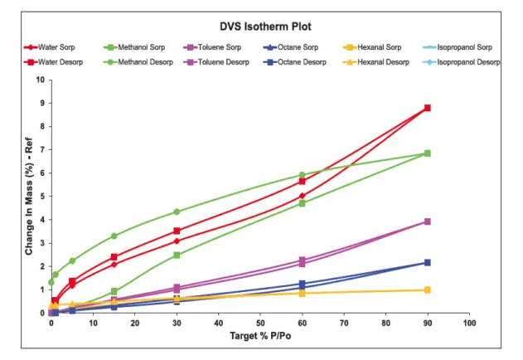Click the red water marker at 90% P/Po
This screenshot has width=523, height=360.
click(x=427, y=108)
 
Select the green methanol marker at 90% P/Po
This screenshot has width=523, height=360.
click(x=427, y=153)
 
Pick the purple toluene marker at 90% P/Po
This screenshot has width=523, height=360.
click(x=427, y=221)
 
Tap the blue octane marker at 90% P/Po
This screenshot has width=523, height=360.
click(x=427, y=262)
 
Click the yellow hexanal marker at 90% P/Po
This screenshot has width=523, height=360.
click(x=427, y=290)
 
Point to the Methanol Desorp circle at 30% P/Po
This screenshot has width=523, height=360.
click(x=177, y=212)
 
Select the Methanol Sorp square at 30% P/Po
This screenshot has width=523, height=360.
click(x=177, y=255)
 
